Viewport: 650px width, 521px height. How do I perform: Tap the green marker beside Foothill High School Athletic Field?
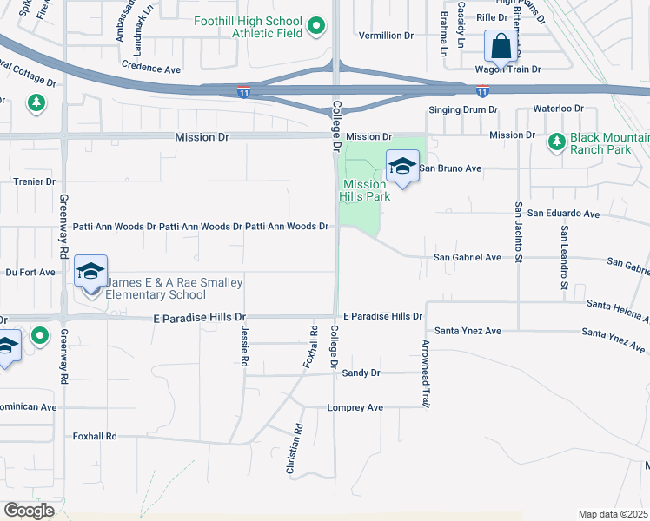tap(316, 28)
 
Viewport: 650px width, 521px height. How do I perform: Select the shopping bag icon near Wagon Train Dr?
tap(501, 44)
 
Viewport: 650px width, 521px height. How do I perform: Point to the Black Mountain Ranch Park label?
tap(609, 142)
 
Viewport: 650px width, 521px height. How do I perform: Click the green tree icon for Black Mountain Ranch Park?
tap(557, 140)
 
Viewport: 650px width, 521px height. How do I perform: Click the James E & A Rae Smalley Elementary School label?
tap(174, 288)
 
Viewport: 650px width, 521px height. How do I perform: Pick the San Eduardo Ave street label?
tap(564, 213)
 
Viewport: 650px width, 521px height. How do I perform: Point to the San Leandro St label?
tap(563, 258)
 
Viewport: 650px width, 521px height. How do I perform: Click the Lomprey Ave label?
tap(355, 407)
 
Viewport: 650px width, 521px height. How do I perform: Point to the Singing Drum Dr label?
tap(463, 110)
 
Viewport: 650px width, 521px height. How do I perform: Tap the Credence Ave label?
tap(151, 68)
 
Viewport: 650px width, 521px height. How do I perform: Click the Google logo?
tap(29, 511)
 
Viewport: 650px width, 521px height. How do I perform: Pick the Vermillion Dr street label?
tap(386, 36)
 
